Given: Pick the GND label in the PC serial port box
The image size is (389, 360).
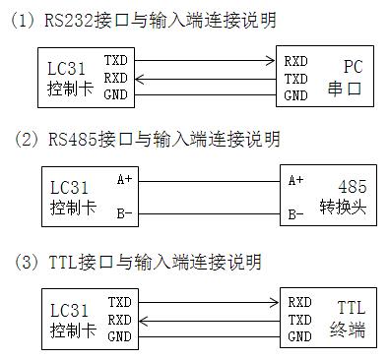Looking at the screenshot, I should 295,95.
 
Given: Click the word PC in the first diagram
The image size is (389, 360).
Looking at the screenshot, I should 354,66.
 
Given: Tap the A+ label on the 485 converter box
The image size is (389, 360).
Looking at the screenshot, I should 296,180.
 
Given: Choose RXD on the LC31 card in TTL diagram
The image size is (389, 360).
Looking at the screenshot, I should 119,320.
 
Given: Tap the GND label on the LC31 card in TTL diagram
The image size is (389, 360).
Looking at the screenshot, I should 119,337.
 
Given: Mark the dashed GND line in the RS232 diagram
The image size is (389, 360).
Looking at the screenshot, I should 207,95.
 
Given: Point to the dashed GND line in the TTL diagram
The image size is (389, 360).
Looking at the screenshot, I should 207,337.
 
